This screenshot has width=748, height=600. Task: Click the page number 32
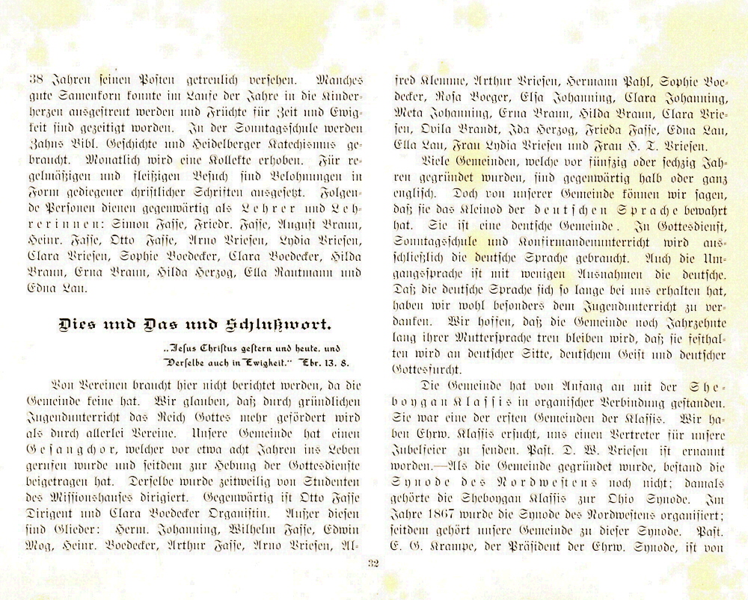(x=374, y=563)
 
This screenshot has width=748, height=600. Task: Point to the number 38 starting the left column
(x=34, y=77)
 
